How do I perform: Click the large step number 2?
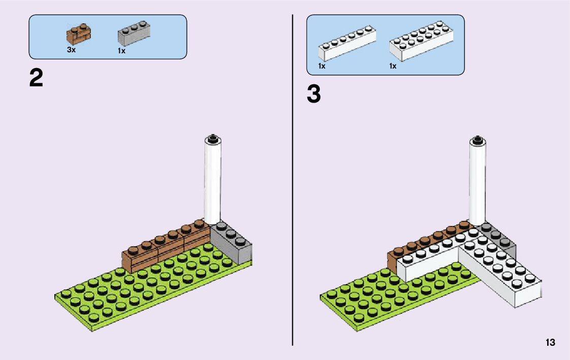point(36,79)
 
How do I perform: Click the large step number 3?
point(314,94)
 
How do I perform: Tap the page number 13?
point(550,343)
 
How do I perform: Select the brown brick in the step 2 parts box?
point(78,34)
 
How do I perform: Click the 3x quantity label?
point(71,50)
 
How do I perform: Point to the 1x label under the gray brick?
point(121,51)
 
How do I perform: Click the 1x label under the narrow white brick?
point(322,67)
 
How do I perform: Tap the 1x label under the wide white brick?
point(393,67)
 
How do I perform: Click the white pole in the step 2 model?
point(213,183)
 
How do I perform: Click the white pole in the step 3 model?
point(477,183)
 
